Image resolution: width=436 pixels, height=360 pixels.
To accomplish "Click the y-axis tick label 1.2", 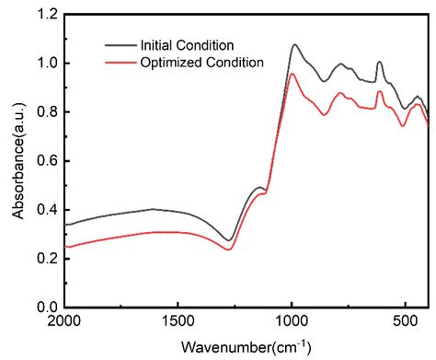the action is (48, 15).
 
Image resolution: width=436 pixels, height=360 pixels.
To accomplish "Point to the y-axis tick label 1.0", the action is (48, 64).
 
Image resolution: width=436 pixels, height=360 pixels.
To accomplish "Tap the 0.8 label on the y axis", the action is (48, 112).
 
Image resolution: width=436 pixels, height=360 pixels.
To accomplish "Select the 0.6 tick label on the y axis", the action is (48, 161).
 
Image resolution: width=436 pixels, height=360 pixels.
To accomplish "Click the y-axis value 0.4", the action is (48, 210).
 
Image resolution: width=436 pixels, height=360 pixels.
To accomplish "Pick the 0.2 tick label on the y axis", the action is (48, 259).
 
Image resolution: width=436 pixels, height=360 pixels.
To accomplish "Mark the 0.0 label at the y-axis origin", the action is (48, 307).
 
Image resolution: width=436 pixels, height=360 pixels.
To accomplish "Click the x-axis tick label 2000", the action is (64, 321).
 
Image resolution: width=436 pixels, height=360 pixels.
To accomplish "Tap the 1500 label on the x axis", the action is (178, 321).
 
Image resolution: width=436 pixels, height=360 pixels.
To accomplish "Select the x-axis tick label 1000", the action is (292, 321).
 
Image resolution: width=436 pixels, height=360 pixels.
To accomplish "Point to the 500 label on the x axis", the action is (405, 321).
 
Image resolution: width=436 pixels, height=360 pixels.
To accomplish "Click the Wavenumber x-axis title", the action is (246, 347).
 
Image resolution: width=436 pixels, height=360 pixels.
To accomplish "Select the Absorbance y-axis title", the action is (18, 161).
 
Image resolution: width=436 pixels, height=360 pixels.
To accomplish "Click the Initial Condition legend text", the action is (187, 45).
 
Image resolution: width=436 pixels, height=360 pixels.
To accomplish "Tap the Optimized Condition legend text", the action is (202, 63).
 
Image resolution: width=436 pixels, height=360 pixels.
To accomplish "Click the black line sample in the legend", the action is (120, 45).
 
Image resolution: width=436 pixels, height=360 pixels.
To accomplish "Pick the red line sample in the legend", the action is (120, 63).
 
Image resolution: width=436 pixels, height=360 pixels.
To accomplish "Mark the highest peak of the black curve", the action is (295, 45).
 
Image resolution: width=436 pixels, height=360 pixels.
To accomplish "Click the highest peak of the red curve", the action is (292, 74).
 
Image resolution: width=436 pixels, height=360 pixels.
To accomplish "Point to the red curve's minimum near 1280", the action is (228, 250).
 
